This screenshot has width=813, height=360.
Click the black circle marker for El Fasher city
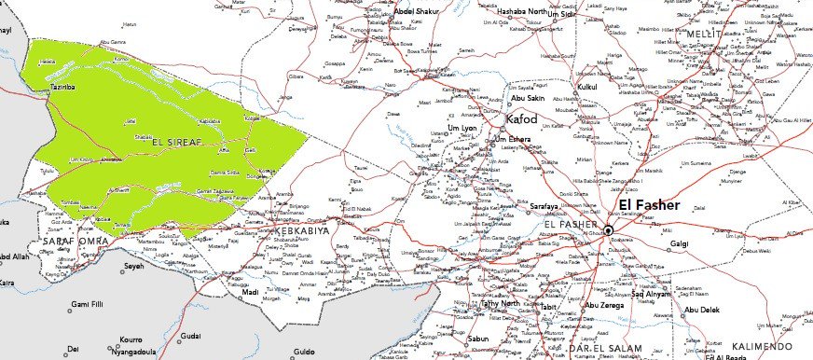607,230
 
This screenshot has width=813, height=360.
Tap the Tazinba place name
62,86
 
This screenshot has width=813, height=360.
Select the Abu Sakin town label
529,98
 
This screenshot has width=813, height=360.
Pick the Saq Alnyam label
652,295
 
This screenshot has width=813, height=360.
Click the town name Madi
249,292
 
